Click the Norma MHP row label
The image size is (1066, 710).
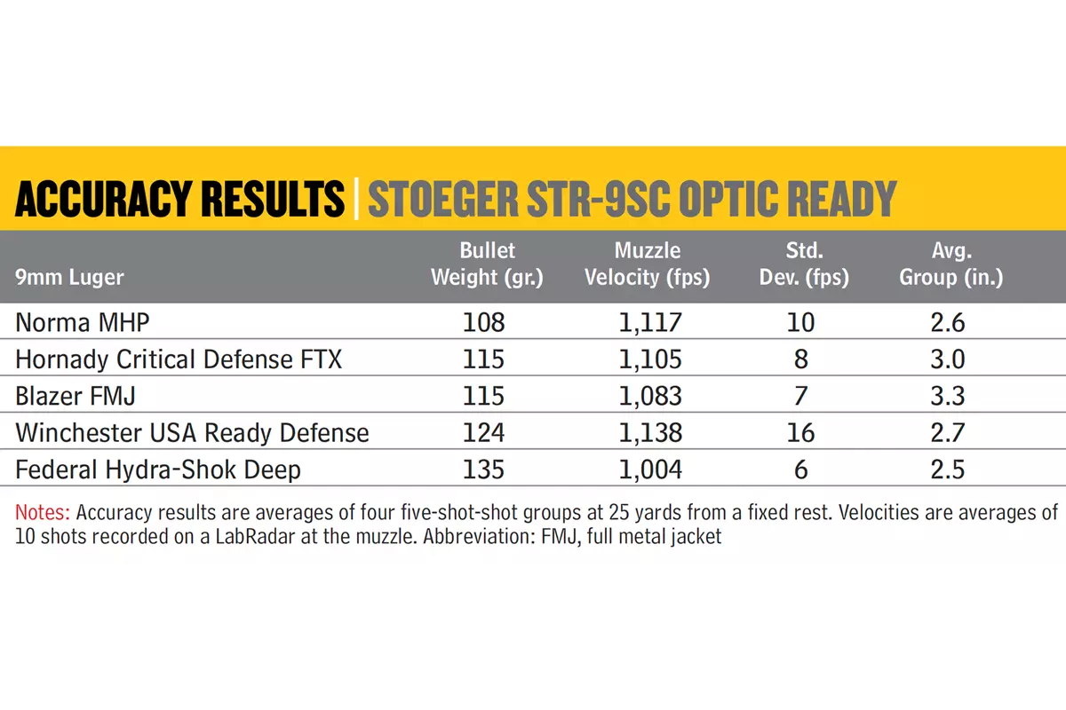click(83, 322)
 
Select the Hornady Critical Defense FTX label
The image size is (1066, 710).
click(179, 359)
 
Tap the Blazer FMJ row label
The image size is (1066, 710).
click(76, 396)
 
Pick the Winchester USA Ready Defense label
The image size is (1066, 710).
click(192, 433)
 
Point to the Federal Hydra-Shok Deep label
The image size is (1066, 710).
click(158, 469)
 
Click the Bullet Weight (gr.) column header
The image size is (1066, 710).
click(487, 264)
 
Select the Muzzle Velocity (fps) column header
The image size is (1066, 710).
click(648, 264)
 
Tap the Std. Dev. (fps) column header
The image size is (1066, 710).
click(804, 264)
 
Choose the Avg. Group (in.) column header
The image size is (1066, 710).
click(951, 264)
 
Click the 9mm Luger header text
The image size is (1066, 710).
click(69, 277)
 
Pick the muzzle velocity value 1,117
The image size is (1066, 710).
click(650, 322)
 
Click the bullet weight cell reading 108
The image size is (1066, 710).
click(483, 322)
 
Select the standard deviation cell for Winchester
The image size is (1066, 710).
click(801, 433)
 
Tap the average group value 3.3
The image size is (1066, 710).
click(948, 396)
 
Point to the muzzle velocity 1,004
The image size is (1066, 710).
click(650, 469)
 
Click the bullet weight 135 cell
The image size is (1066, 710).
click(483, 469)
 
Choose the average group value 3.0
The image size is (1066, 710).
click(948, 359)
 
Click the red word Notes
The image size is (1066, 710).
click(43, 513)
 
